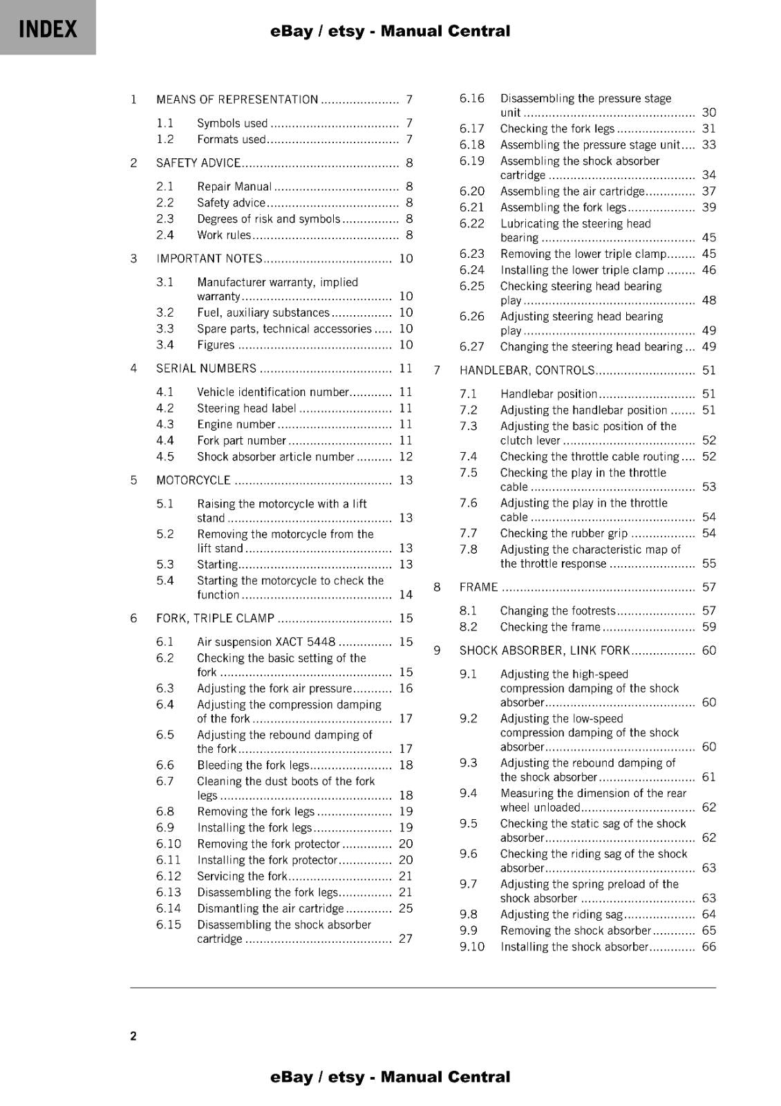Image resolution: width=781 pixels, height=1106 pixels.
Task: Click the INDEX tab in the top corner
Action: [x=48, y=29]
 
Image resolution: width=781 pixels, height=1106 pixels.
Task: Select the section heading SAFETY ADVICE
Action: [x=198, y=163]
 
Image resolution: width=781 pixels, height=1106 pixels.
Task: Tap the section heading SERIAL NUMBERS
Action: [x=206, y=368]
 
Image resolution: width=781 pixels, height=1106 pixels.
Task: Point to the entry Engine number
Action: [x=236, y=424]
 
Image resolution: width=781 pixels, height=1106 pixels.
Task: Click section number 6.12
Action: [x=169, y=877]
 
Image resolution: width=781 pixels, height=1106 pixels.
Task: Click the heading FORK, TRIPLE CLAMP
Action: [x=215, y=619]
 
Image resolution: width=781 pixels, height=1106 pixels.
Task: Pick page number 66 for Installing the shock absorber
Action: [x=709, y=947]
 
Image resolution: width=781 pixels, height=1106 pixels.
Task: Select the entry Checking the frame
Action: [x=550, y=627]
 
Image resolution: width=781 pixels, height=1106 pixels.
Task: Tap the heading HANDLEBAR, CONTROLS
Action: [x=527, y=371]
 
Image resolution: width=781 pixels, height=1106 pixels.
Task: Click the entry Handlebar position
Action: [x=549, y=394]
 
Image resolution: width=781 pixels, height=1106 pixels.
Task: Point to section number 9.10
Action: [x=472, y=947]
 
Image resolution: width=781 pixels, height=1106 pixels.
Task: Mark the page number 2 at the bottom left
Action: [x=133, y=1036]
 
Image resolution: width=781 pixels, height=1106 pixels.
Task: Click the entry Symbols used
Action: [x=232, y=124]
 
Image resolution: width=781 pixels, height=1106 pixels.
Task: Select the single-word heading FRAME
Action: [x=478, y=588]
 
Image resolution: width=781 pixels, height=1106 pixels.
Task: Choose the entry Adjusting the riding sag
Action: [x=561, y=915]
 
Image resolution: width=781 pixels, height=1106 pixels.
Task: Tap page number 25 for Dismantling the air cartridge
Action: [x=406, y=909]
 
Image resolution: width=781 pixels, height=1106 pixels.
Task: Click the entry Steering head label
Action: [x=247, y=409]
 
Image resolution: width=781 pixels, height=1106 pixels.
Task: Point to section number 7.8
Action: [x=469, y=550]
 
